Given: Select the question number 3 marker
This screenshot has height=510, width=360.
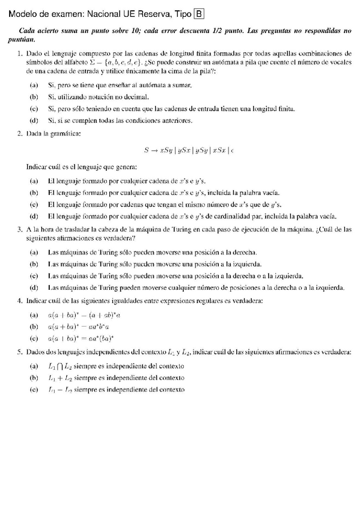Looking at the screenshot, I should tap(19, 229).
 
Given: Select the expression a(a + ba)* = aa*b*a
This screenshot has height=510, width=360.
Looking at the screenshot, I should tap(78, 327).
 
